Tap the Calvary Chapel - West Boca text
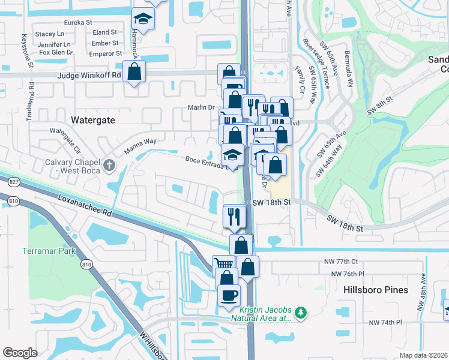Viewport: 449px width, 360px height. point(70,167)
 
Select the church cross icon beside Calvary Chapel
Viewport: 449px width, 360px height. point(108,164)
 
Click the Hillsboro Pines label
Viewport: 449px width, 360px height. point(376,290)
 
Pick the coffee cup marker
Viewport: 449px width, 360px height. point(230,295)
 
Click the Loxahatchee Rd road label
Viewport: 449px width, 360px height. point(86,205)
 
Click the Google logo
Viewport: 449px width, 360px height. point(20,352)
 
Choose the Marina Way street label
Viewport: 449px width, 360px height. point(140,145)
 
